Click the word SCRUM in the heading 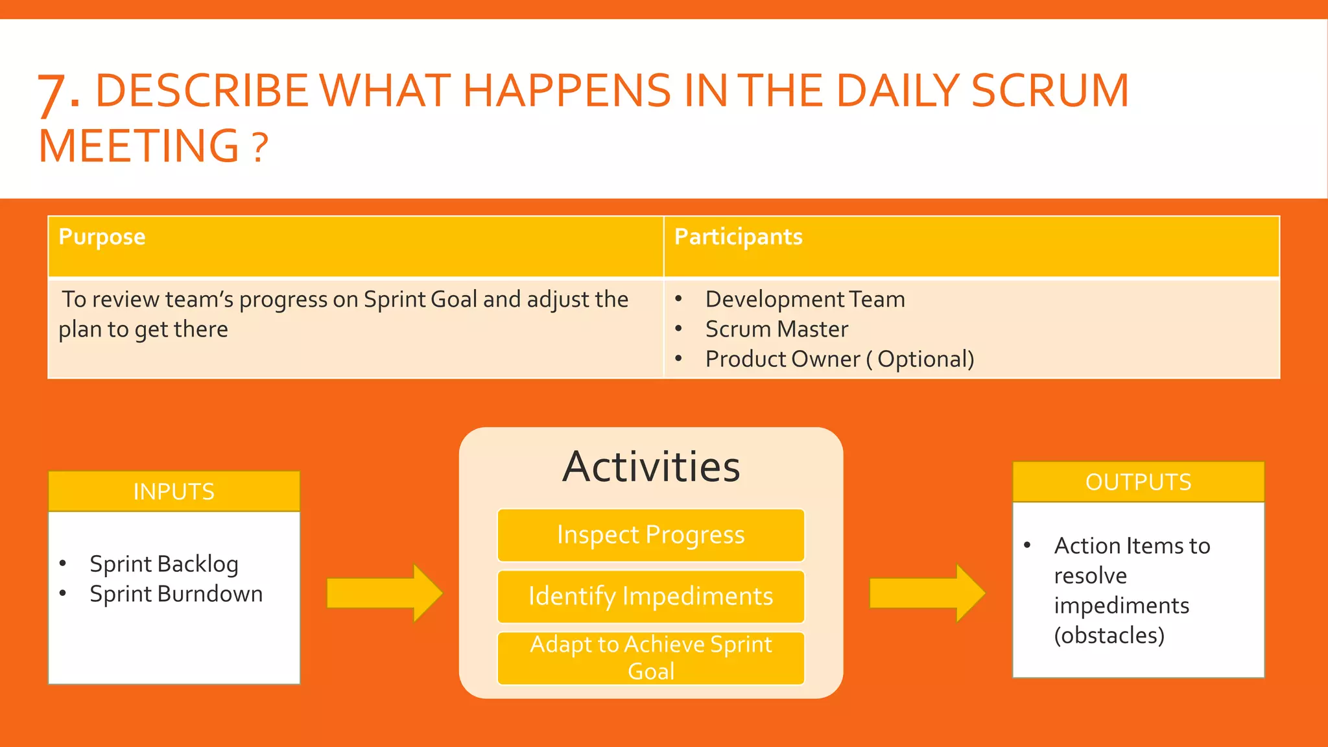1050,90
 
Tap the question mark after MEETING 259,148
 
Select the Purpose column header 102,237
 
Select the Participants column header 738,237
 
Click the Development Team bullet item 805,300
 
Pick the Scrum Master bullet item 776,329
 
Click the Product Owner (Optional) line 839,359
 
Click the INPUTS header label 174,492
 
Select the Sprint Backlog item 164,564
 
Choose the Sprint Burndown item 176,594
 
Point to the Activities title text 651,467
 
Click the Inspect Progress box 650,535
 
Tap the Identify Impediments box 650,597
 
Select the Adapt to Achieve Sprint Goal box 650,658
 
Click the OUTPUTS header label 1138,482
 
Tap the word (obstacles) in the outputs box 1109,635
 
